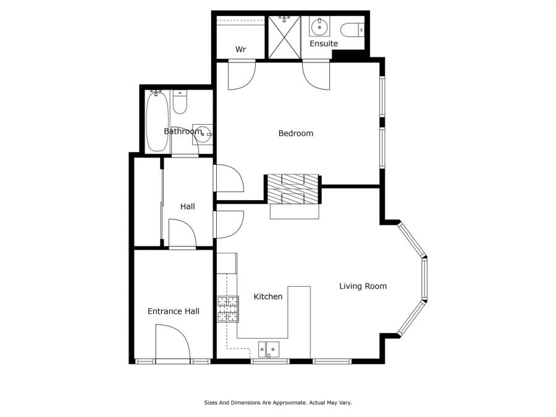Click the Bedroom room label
tap(296, 133)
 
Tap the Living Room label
tap(363, 286)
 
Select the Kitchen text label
tap(268, 297)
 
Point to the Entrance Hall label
tap(174, 311)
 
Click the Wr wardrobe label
tap(240, 49)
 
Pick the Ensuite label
tap(324, 44)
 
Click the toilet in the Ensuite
tap(352, 30)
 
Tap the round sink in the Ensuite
tap(319, 26)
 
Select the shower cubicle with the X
tap(284, 37)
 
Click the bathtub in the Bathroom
tap(157, 121)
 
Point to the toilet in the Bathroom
tap(180, 102)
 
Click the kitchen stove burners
tap(227, 310)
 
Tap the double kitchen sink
tap(269, 349)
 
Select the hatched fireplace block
tap(293, 189)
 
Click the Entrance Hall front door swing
tap(173, 342)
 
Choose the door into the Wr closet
tap(242, 75)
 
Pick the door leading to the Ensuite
tap(316, 75)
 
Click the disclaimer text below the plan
tap(277, 403)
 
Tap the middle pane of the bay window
tap(424, 279)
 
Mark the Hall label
tap(188, 206)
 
